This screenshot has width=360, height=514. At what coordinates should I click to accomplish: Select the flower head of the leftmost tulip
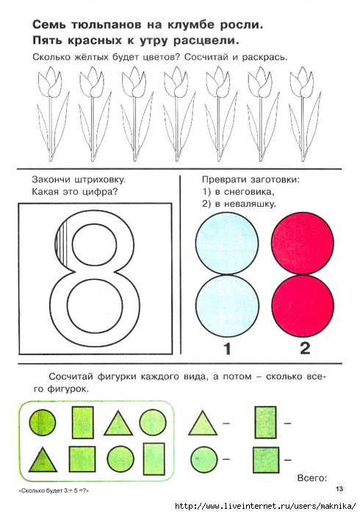coord(49,81)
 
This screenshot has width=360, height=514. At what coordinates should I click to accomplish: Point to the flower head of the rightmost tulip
coord(302,81)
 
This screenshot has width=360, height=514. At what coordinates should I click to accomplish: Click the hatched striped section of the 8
coord(62,242)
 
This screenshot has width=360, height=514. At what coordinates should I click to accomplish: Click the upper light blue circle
coord(227,243)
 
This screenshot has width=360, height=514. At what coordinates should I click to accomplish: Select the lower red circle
coord(303,306)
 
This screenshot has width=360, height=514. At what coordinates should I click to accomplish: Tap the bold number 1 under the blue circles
coord(228,349)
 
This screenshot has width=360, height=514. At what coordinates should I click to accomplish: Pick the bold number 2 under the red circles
coord(305,348)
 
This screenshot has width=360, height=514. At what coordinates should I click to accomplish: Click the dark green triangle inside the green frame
coord(43,460)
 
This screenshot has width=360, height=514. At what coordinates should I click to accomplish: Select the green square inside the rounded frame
coord(82,459)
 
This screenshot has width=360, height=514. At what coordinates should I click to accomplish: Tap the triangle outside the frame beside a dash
coord(203,424)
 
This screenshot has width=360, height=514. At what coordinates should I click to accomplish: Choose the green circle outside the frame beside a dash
coord(204,459)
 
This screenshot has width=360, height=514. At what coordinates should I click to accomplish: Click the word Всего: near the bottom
coord(312,478)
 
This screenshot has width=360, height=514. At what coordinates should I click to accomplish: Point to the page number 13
coord(339,489)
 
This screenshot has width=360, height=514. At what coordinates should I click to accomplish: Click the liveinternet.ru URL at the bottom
coord(265,506)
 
